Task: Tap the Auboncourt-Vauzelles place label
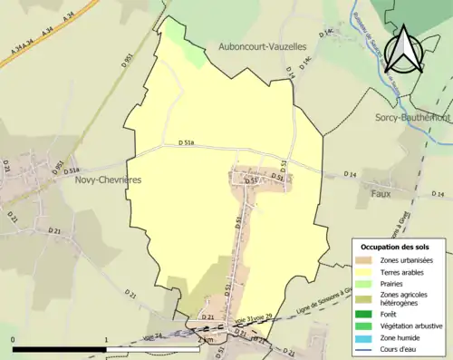click(x=262, y=45)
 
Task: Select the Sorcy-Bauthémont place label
click(x=413, y=117)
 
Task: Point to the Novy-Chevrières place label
click(x=94, y=180)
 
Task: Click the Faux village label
click(x=381, y=193)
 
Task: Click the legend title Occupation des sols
click(x=395, y=247)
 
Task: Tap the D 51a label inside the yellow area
click(x=188, y=142)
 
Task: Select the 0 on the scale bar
click(x=14, y=340)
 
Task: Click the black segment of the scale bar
click(x=60, y=349)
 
